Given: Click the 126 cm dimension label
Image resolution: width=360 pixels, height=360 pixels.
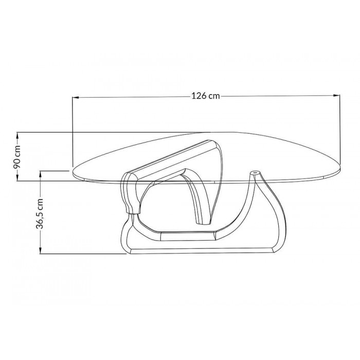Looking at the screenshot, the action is click(x=206, y=96).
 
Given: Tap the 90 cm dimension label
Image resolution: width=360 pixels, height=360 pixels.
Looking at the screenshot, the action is click(x=17, y=156).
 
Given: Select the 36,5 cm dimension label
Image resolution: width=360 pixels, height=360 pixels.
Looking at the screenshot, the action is click(x=40, y=213).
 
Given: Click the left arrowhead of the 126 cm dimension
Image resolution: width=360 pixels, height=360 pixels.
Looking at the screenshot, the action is click(x=76, y=98).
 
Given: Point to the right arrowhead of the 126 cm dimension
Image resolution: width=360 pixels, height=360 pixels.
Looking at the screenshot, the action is click(x=336, y=95).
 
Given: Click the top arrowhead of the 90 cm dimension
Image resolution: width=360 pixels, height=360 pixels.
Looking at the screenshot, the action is click(x=17, y=136).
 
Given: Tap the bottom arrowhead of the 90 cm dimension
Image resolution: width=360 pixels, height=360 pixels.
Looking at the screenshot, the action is click(x=17, y=177).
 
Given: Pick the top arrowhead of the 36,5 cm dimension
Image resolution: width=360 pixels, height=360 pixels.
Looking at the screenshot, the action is click(x=41, y=174).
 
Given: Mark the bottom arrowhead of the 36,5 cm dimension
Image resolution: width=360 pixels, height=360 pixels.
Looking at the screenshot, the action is click(x=41, y=250).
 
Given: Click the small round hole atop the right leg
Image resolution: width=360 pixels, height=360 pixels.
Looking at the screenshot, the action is click(x=255, y=172).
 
